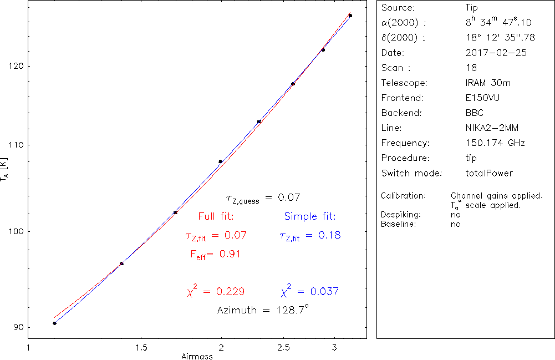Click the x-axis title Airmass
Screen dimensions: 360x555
(197, 356)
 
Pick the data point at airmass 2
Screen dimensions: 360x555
(221, 161)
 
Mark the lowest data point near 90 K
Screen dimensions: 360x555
(54, 323)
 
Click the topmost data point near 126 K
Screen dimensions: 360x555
(350, 16)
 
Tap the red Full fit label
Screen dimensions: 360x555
(216, 216)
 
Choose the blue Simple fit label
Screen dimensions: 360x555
(310, 216)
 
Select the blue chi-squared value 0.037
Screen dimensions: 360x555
(324, 291)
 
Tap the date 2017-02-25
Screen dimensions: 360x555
(496, 53)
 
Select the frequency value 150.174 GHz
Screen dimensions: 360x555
(496, 143)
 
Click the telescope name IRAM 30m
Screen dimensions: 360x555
(488, 83)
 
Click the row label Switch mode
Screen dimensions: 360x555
(411, 173)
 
